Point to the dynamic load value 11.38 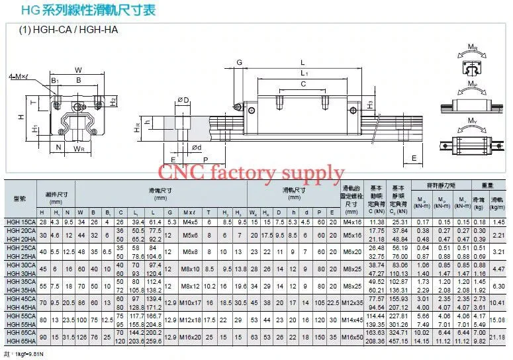(x=376, y=222)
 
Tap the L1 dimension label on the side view (x=304, y=71)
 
